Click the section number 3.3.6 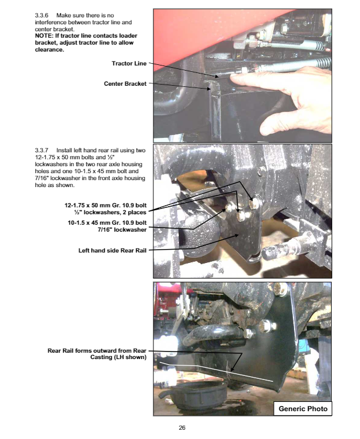tap(42, 16)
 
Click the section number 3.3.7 tap(42, 151)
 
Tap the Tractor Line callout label tap(129, 64)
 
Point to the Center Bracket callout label tap(125, 84)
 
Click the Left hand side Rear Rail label tap(112, 251)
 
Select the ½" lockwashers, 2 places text tap(110, 213)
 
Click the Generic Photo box tap(303, 409)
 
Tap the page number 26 tap(182, 428)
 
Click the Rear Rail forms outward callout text tap(97, 354)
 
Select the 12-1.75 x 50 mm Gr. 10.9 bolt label tap(105, 206)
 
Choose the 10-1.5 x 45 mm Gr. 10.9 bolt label tap(107, 223)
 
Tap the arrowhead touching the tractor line tap(216, 76)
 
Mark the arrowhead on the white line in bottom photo tap(232, 369)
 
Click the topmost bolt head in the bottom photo tap(281, 290)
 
